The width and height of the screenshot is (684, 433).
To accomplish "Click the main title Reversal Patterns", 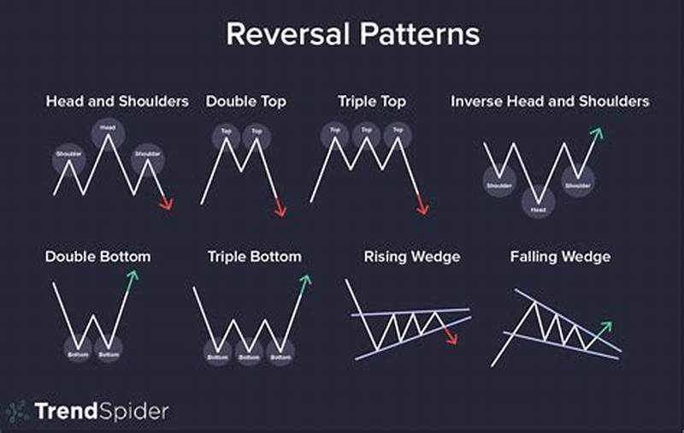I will point(351,34).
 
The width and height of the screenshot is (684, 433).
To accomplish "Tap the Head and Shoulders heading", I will point(117,101).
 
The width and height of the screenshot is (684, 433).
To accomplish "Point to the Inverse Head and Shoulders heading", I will point(550,101).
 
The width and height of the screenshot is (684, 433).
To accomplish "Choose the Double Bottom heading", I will point(97,256).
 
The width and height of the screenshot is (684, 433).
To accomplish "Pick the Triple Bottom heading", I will point(254,256).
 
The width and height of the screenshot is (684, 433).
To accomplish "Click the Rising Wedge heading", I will point(411,256).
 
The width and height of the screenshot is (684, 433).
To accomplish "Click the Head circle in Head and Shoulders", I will point(109,129).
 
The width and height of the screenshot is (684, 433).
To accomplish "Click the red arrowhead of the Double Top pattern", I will point(280,211).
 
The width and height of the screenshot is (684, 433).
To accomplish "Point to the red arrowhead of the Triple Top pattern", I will point(422,209).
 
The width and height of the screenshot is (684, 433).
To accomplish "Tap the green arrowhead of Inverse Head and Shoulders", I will point(597,133).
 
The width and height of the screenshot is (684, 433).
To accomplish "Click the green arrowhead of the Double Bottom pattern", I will point(133,276).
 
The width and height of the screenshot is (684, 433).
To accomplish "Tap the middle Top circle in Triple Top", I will point(367,133).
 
